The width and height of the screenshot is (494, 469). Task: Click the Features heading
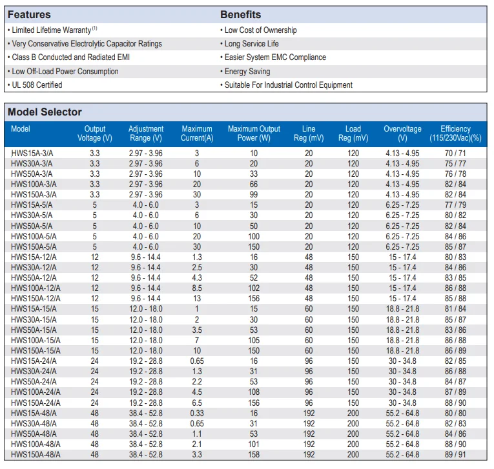click(29, 14)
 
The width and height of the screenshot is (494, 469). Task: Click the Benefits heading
click(240, 14)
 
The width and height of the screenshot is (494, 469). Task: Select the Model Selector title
click(45, 112)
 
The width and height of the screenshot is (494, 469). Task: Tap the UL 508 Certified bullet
click(36, 85)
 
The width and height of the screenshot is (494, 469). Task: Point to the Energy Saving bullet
click(245, 72)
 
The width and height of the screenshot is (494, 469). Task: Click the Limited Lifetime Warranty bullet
click(52, 30)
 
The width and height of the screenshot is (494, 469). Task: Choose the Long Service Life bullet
click(249, 43)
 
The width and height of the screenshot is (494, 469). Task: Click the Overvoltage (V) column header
click(402, 133)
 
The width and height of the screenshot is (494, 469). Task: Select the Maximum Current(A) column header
click(197, 133)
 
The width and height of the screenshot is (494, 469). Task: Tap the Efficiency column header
click(455, 133)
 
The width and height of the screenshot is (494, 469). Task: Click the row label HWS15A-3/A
click(32, 154)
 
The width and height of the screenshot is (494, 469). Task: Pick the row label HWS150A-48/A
click(36, 455)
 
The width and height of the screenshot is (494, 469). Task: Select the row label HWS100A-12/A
click(36, 288)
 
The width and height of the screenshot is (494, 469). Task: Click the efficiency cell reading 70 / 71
click(455, 154)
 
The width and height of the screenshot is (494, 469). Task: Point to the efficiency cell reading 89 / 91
click(455, 455)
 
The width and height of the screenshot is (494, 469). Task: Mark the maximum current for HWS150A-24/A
click(197, 403)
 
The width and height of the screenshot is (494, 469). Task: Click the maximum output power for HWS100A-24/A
click(254, 392)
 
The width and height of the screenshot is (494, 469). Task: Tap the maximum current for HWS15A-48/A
click(197, 413)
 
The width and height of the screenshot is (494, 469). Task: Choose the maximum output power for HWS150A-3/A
click(254, 195)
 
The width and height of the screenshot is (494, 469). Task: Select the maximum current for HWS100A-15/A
click(197, 340)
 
